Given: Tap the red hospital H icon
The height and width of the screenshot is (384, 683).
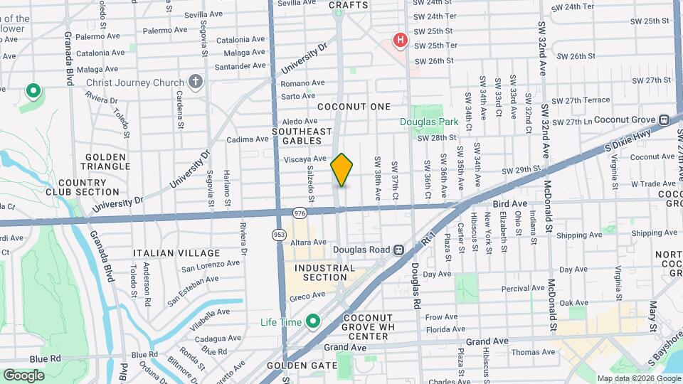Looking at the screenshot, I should click(x=401, y=40).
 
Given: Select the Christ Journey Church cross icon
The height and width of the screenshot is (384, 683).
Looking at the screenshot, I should click(x=196, y=82).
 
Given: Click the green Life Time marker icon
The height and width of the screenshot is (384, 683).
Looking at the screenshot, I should click(x=312, y=322).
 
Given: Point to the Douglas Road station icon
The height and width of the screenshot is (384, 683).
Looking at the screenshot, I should click(x=399, y=250).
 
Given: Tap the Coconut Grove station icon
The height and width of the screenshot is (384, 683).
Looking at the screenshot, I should click(x=664, y=120).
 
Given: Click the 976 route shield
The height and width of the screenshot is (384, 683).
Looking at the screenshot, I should click(x=299, y=212).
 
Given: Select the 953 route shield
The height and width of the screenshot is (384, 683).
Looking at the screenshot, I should click(x=279, y=233).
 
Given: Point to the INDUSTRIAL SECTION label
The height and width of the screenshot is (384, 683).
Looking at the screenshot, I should click(x=324, y=273).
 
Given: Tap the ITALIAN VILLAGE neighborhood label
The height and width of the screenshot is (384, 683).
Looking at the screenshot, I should click(x=176, y=253).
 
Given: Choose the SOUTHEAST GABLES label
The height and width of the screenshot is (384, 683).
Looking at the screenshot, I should click(x=302, y=136).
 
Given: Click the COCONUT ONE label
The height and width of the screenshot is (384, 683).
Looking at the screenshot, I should click(x=354, y=107).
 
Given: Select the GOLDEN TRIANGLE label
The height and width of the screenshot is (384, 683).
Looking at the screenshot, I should click(x=106, y=161).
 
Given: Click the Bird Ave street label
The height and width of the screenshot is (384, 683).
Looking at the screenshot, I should click(x=509, y=203).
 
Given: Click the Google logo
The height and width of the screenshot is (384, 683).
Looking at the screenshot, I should click(x=23, y=375).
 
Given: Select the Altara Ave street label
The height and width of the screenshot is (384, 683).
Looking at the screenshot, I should click(x=308, y=242).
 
